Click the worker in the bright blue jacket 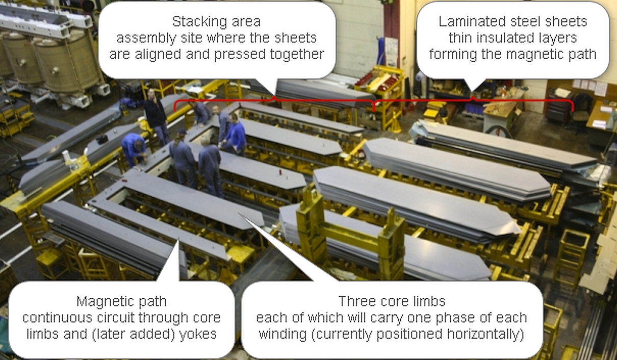236,134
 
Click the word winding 282,334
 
